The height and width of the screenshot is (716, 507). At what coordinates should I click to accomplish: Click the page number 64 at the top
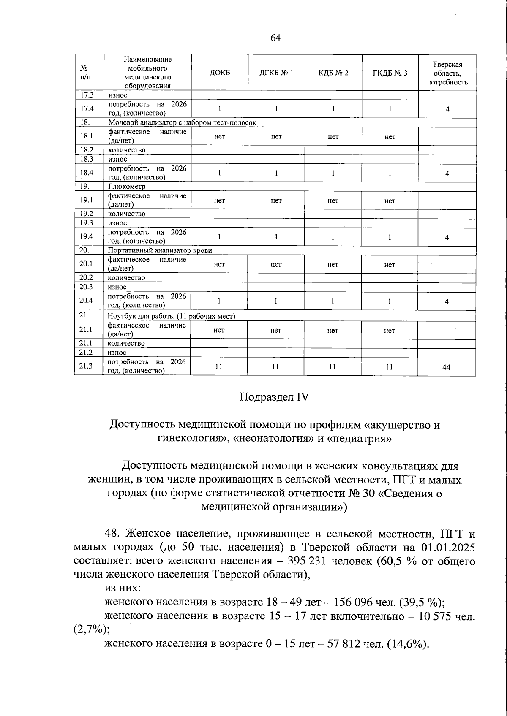point(275,38)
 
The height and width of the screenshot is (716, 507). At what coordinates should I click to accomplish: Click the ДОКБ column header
point(220,73)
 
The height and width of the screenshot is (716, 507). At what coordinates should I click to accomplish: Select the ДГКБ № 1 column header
point(276,73)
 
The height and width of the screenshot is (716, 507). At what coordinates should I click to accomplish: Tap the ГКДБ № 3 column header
point(390,73)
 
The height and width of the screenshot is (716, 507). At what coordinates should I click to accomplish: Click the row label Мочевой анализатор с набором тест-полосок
point(182,122)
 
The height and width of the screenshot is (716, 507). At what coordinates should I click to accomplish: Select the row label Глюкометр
point(127,186)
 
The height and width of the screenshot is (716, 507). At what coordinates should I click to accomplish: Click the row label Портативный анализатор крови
point(160,250)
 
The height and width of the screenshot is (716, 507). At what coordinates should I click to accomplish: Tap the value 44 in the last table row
point(446,367)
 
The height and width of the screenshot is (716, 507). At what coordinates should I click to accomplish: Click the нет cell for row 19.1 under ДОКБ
point(219,201)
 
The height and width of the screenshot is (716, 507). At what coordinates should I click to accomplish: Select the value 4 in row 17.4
point(447,109)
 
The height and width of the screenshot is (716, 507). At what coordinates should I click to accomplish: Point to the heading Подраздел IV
point(275,397)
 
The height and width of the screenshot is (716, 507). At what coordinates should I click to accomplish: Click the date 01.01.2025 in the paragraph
point(448,548)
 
